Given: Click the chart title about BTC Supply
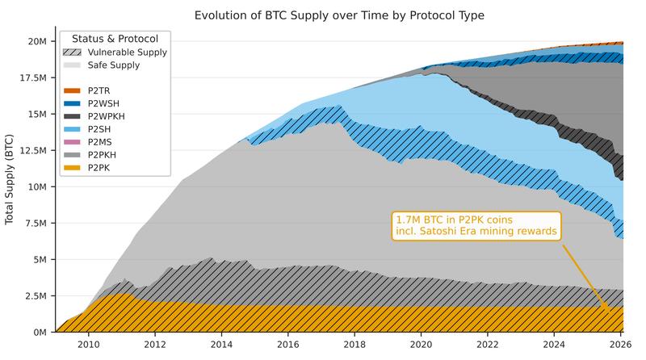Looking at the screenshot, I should [340, 15].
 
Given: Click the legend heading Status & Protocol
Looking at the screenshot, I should [115, 39].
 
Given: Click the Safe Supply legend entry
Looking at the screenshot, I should [113, 65].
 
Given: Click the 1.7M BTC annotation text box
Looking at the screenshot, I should [476, 226].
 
